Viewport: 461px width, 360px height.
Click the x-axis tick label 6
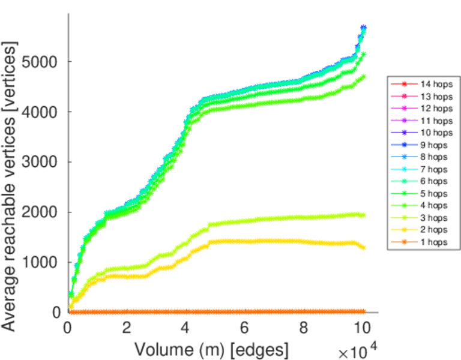click(x=245, y=328)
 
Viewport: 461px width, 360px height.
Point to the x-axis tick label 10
click(x=362, y=328)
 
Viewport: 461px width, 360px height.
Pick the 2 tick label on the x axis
click(x=127, y=328)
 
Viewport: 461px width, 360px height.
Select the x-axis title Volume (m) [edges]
click(x=211, y=349)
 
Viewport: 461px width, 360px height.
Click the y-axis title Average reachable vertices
click(x=10, y=186)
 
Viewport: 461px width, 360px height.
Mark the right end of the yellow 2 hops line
click(x=363, y=247)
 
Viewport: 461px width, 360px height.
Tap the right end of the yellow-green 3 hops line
click(x=363, y=215)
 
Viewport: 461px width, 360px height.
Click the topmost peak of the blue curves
click(x=363, y=28)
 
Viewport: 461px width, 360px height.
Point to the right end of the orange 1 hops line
click(x=363, y=311)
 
